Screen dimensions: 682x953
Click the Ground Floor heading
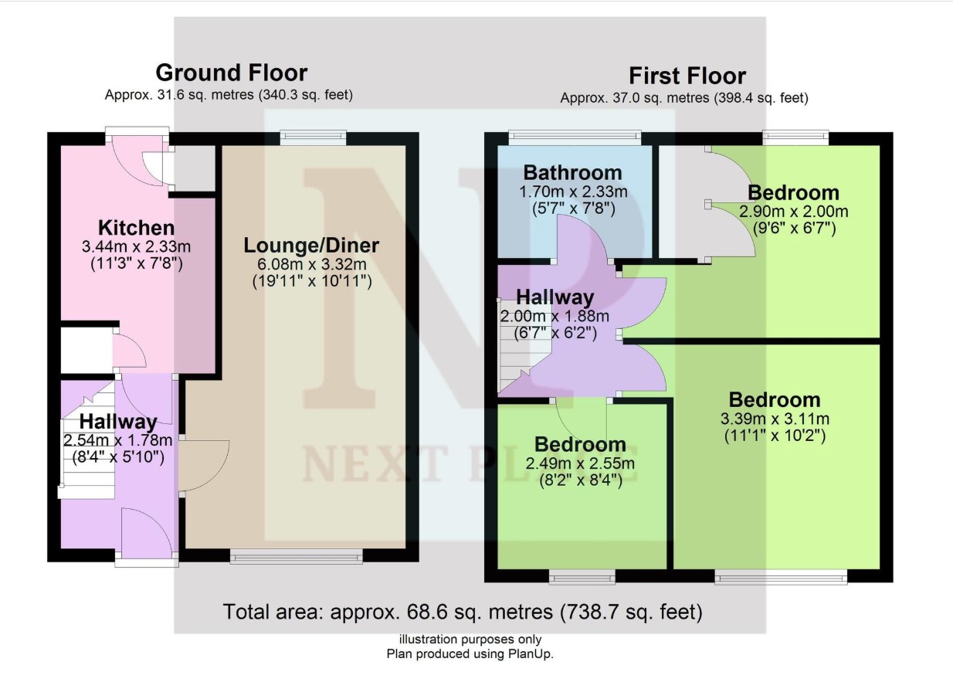click(x=231, y=73)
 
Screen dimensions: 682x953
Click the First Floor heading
click(x=687, y=76)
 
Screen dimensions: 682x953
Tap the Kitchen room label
click(x=136, y=228)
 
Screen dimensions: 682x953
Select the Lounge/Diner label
click(x=311, y=246)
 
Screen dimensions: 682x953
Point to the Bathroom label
click(x=571, y=172)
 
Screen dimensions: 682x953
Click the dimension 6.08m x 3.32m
click(x=312, y=264)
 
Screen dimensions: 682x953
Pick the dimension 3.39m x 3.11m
click(x=775, y=419)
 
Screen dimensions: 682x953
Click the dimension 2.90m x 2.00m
click(x=793, y=212)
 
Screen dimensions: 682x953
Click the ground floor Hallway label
click(x=118, y=422)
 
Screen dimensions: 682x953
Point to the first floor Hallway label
click(x=555, y=297)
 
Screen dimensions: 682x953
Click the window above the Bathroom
click(x=575, y=137)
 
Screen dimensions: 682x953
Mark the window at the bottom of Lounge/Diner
click(x=297, y=557)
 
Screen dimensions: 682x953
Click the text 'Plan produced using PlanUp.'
click(x=470, y=653)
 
